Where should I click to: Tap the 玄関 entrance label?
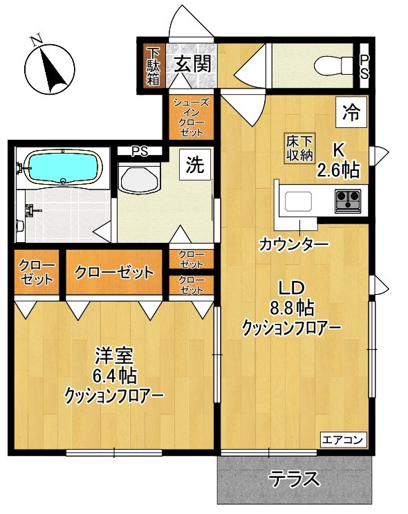coord(192,65)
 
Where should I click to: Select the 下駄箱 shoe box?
coord(153,66)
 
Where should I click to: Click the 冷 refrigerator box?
coord(351,112)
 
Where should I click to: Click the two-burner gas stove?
coord(348,200)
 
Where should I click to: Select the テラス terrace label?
coord(295,479)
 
